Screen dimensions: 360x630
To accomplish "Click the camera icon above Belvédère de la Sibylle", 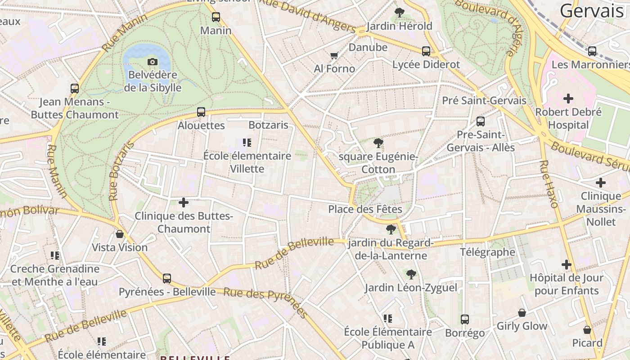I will click(x=153, y=62).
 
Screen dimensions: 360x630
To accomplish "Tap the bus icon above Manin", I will click(x=216, y=17).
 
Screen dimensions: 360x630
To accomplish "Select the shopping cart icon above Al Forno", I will click(x=334, y=56).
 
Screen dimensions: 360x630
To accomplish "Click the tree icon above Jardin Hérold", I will click(x=399, y=13).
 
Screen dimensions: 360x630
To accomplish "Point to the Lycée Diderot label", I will click(x=426, y=64).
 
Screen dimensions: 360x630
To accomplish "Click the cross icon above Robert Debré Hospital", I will click(x=568, y=98).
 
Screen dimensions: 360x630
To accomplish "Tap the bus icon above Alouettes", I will click(x=201, y=112).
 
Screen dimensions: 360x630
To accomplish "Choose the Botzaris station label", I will click(x=268, y=125).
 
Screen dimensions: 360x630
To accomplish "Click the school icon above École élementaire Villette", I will click(x=247, y=143).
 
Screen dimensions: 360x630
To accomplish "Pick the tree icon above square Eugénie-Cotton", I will click(x=378, y=144).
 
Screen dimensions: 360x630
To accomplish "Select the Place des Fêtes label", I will click(x=365, y=209).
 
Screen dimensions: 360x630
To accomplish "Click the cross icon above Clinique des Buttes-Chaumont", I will click(x=184, y=202).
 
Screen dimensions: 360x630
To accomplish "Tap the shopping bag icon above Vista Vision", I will click(x=120, y=234).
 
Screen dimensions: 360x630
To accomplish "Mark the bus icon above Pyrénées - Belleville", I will click(x=167, y=279).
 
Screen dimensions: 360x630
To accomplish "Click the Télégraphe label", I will click(x=487, y=252).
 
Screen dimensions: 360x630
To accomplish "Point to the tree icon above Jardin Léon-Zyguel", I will click(x=411, y=274).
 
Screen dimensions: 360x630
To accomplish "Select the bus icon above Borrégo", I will click(x=465, y=319).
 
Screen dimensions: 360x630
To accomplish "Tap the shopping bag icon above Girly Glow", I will click(x=522, y=313).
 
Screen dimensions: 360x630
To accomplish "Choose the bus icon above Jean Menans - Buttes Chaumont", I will click(x=75, y=89).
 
